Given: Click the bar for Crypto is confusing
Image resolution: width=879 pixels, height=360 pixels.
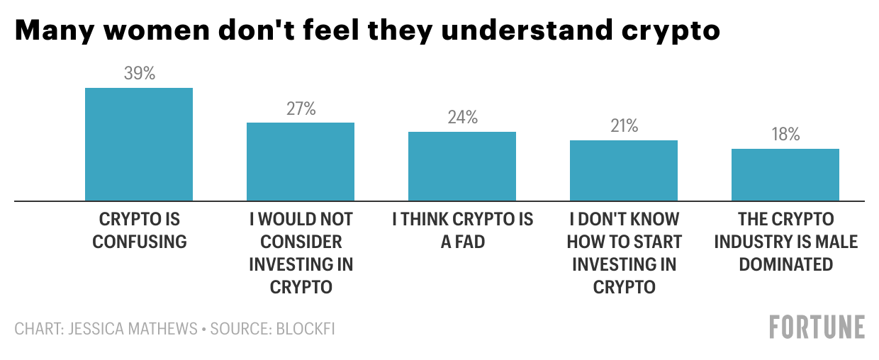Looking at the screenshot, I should pyautogui.click(x=139, y=145).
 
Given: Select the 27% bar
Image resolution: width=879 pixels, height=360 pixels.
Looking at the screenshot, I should pyautogui.click(x=301, y=162).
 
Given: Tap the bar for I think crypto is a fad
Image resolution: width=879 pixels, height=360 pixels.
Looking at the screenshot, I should pyautogui.click(x=462, y=167).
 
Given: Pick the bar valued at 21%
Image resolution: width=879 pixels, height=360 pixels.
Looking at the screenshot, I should pyautogui.click(x=624, y=171).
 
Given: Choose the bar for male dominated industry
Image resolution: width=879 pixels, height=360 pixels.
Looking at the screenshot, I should pyautogui.click(x=785, y=175).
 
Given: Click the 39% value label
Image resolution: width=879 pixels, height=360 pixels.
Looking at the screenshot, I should pyautogui.click(x=139, y=74).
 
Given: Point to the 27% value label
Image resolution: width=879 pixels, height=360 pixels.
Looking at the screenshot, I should pyautogui.click(x=301, y=109).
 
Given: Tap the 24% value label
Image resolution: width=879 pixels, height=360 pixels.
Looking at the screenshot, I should pyautogui.click(x=462, y=118).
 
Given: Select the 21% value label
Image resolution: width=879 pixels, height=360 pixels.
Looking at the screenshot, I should pyautogui.click(x=624, y=126).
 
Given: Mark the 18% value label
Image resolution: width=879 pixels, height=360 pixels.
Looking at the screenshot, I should pyautogui.click(x=785, y=135).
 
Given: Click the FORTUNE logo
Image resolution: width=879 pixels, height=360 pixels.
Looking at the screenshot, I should pyautogui.click(x=817, y=327).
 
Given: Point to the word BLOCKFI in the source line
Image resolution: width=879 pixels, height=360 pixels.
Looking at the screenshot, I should pyautogui.click(x=306, y=330).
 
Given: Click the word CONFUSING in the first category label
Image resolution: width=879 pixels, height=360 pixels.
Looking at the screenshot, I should pyautogui.click(x=140, y=242).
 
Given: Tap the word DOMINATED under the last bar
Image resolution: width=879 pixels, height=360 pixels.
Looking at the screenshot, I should pyautogui.click(x=785, y=264).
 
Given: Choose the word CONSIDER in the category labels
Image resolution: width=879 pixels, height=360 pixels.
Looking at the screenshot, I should pyautogui.click(x=301, y=242).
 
